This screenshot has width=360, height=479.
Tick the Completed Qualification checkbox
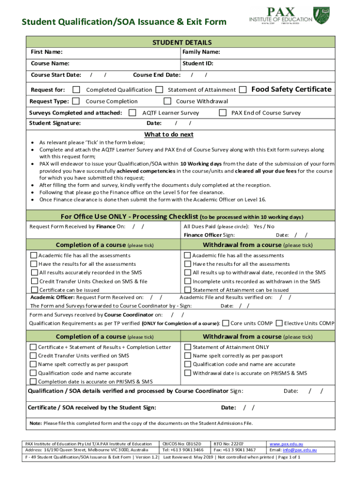[x=77, y=89]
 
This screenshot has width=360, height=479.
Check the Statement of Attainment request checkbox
[x=159, y=89]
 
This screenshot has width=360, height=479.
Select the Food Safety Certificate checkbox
[x=243, y=89]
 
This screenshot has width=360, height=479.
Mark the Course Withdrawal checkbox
[x=167, y=101]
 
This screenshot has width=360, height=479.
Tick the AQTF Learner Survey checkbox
[x=132, y=113]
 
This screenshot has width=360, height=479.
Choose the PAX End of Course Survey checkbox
[x=223, y=113]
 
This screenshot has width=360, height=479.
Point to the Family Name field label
[x=201, y=52]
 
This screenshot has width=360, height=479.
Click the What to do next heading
[x=169, y=135]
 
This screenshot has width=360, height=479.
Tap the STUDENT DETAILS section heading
[x=182, y=43]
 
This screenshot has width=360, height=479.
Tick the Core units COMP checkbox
[x=226, y=323]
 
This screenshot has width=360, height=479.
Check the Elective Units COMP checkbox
[x=279, y=323]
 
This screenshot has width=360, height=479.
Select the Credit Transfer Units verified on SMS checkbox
[x=33, y=356]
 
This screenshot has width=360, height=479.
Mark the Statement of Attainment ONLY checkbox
[x=187, y=347]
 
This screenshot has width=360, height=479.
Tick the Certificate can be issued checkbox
[x=34, y=290]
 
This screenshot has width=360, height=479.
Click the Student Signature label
[x=55, y=123]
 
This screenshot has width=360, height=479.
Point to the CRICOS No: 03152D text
[x=181, y=443]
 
